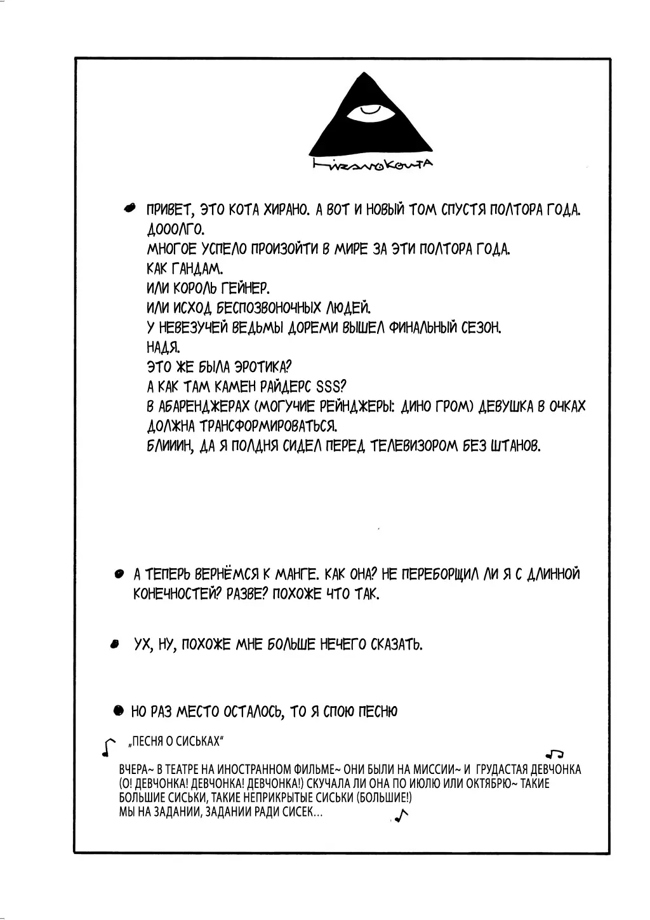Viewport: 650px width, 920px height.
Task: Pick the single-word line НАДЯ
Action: pos(163,347)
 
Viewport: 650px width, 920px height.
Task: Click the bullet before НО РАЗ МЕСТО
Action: pos(118,711)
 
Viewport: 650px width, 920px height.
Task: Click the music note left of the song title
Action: pos(109,747)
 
